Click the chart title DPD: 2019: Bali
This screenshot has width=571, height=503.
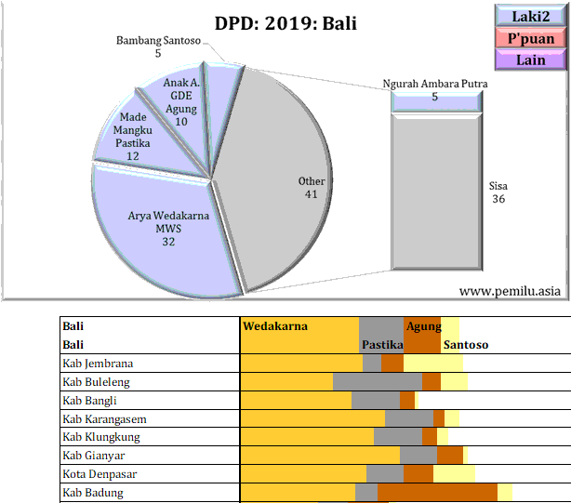(x=285, y=23)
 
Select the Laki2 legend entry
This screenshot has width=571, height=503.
(x=531, y=16)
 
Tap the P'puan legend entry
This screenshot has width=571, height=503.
(x=531, y=38)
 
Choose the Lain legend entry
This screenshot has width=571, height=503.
(x=531, y=60)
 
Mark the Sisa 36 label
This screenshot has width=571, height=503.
(x=498, y=192)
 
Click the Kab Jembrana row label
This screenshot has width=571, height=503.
(x=98, y=364)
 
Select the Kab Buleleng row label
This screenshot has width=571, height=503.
(x=96, y=382)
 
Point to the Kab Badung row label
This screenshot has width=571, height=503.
(x=93, y=493)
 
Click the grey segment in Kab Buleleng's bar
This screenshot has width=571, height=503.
(x=377, y=382)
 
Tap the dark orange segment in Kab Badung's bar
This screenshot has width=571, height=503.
(x=437, y=493)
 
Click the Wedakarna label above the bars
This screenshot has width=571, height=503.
(x=275, y=326)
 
